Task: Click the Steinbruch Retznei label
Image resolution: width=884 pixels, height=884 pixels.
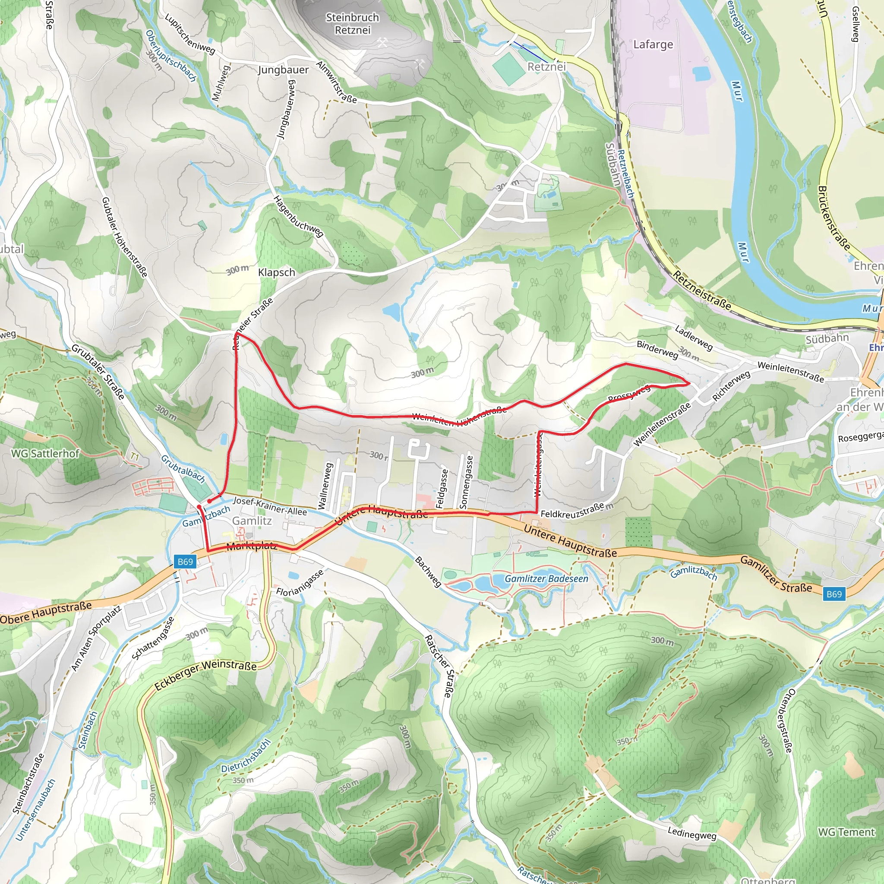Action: (x=352, y=24)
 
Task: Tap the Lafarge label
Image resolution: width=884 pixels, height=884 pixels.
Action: (x=653, y=44)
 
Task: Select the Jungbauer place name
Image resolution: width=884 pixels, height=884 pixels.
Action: (x=283, y=70)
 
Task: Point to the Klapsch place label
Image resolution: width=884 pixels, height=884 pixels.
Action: (x=276, y=272)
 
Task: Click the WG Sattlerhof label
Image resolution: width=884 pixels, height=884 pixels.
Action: (x=45, y=454)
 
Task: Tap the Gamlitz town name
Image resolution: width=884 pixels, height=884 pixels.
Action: (x=252, y=521)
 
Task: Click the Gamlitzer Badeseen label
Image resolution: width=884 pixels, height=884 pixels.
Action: (x=546, y=579)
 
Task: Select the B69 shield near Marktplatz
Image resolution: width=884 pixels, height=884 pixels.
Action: (x=185, y=562)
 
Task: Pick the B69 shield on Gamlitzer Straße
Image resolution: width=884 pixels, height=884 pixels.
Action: (x=833, y=594)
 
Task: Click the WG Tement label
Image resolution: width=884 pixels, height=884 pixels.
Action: (x=846, y=832)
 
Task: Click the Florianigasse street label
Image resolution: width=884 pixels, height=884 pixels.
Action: (x=300, y=582)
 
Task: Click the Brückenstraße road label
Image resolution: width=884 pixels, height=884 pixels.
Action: (x=833, y=218)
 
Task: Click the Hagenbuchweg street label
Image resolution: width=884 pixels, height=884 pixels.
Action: (x=298, y=216)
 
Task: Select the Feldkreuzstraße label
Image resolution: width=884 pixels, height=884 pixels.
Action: (x=572, y=511)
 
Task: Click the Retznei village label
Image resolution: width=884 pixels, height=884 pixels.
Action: (x=546, y=67)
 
